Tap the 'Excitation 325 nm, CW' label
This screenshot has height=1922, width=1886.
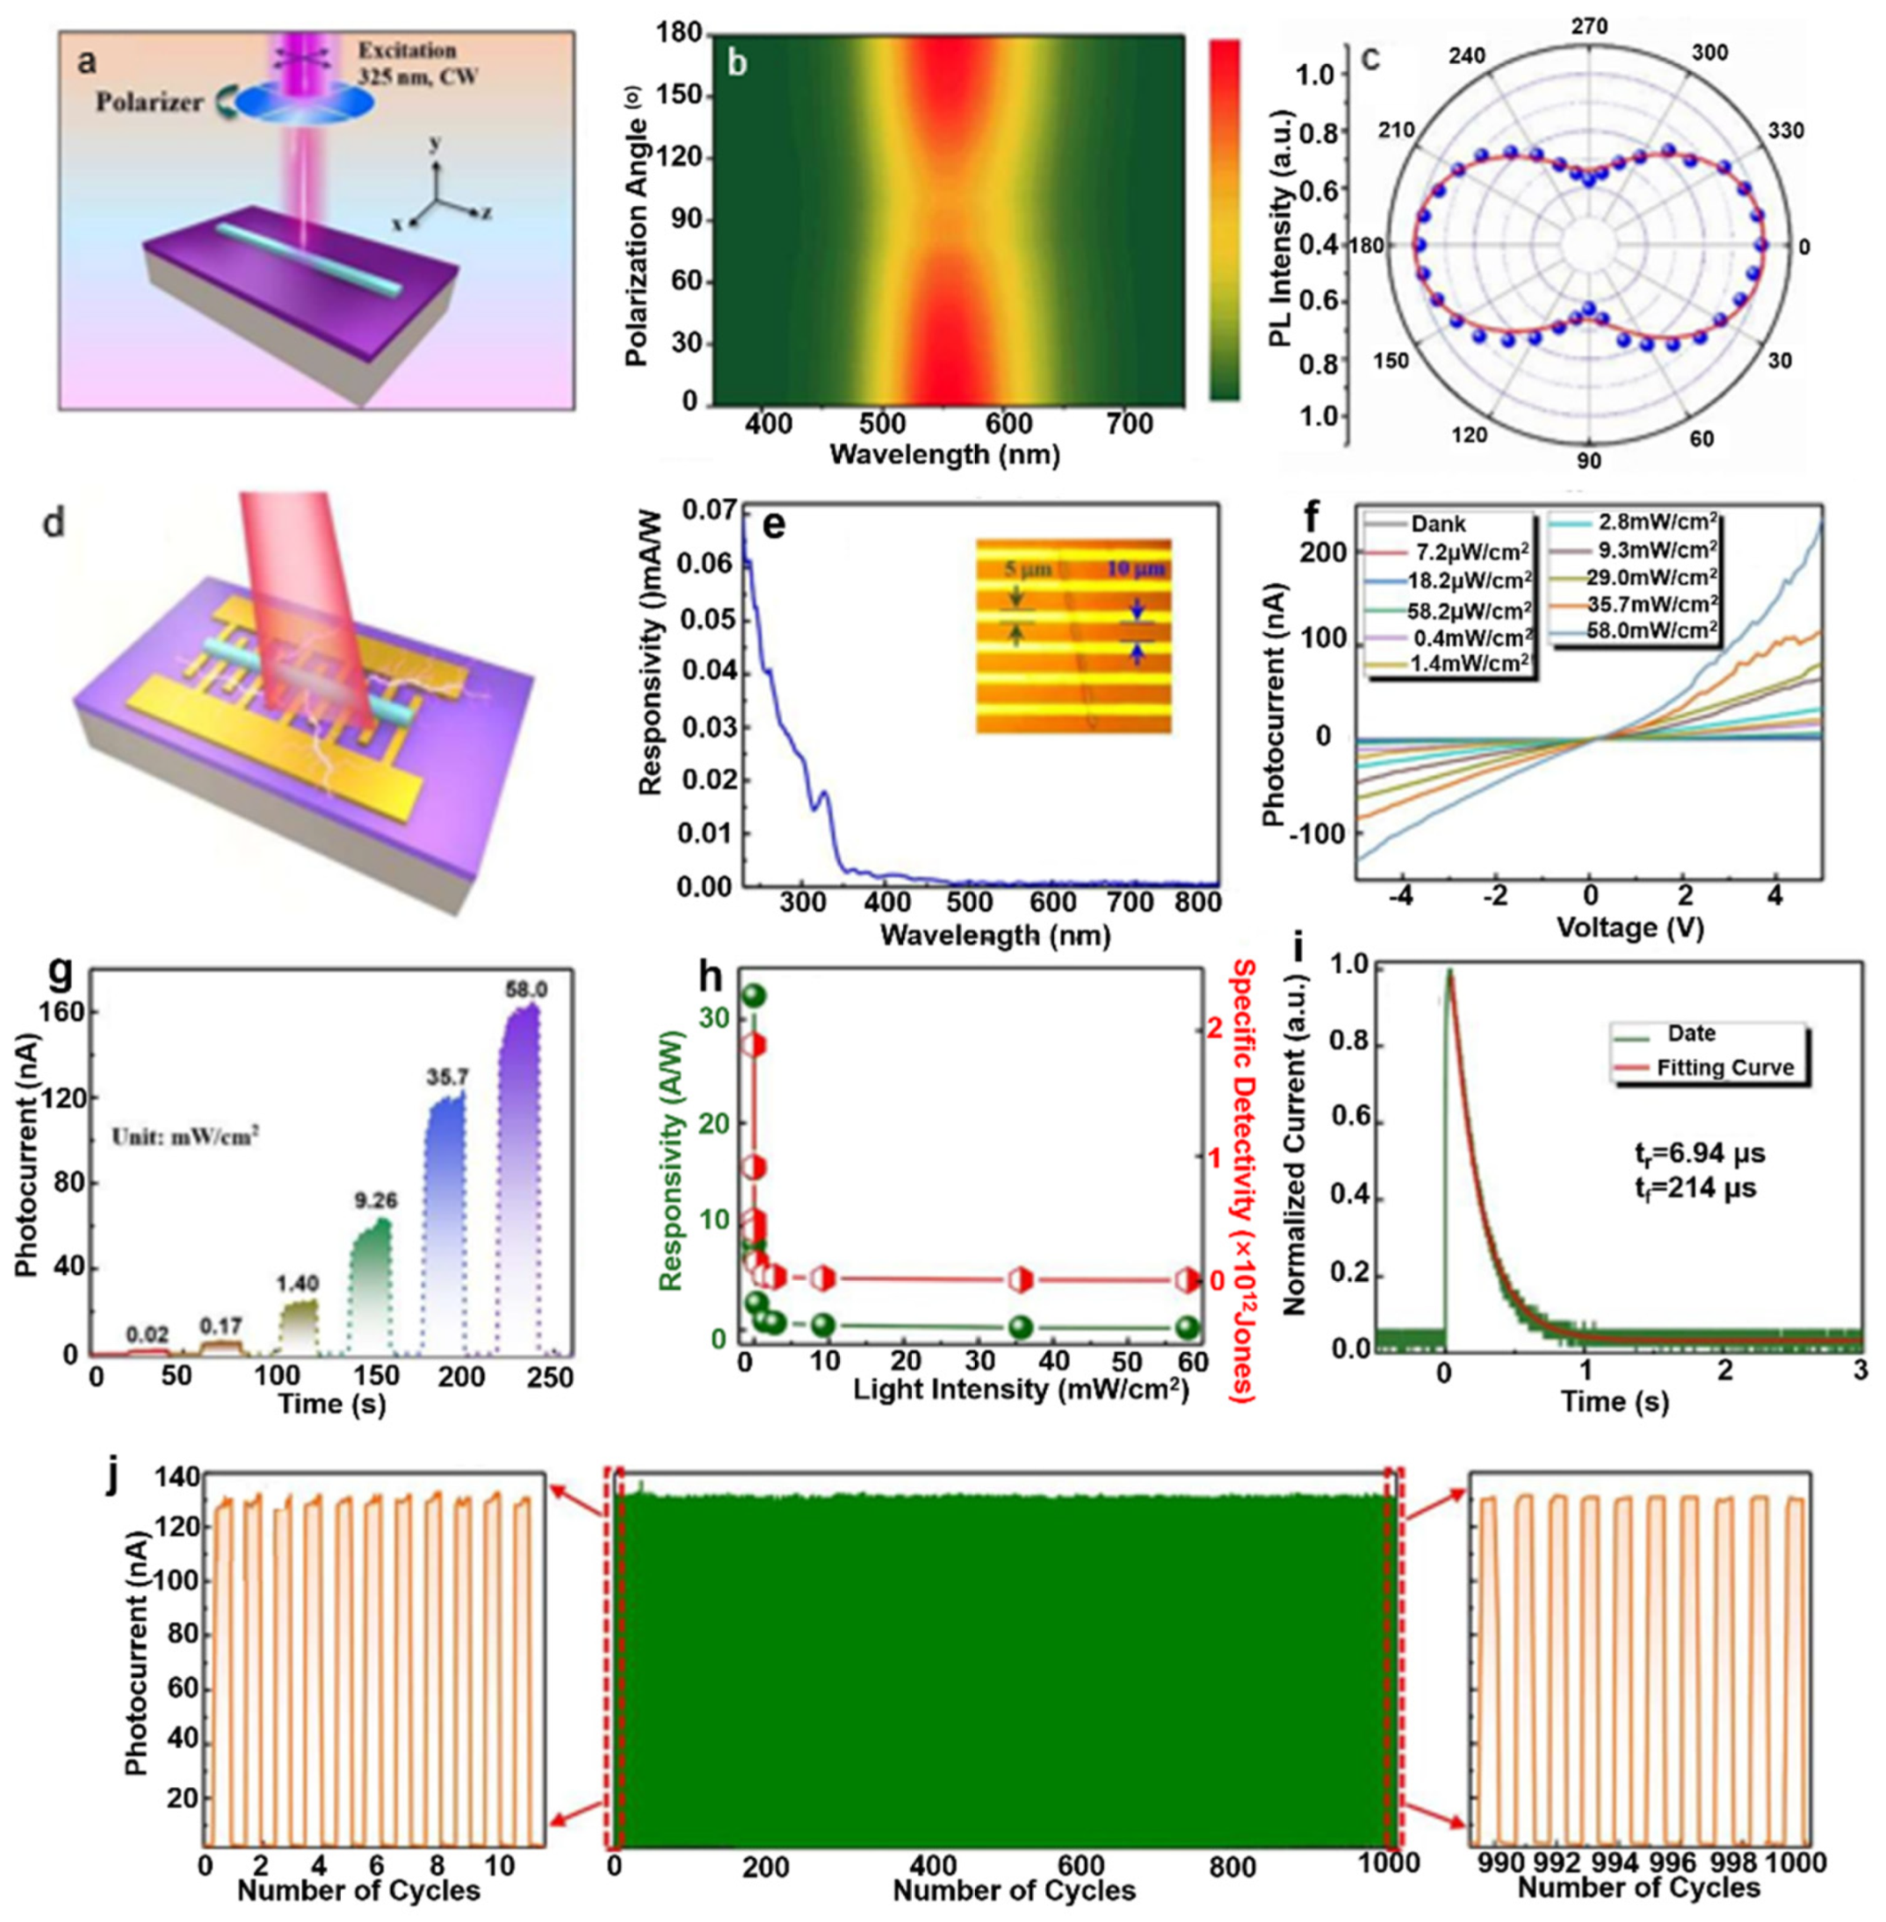pos(419,62)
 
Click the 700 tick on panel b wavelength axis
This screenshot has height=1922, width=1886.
pos(1129,425)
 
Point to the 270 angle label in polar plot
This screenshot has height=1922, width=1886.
pos(1590,26)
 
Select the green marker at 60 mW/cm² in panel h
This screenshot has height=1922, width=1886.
pos(1189,1327)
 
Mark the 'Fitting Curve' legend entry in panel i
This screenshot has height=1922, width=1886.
pos(1723,1068)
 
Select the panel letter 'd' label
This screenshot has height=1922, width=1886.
pos(53,522)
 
